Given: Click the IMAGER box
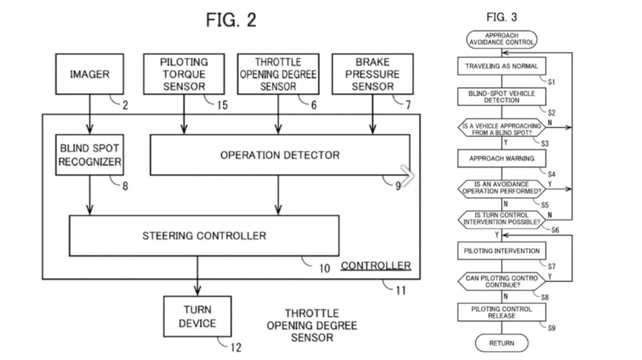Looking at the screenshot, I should pyautogui.click(x=90, y=74).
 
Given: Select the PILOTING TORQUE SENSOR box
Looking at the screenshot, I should pyautogui.click(x=184, y=74).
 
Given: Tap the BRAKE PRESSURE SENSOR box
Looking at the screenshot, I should pyautogui.click(x=373, y=74).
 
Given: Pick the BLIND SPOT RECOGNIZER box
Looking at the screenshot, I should pyautogui.click(x=90, y=155).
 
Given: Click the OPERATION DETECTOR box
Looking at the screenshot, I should pyautogui.click(x=280, y=155).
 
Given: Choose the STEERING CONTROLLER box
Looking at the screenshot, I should pyautogui.click(x=204, y=236).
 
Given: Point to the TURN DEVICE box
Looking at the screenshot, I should pyautogui.click(x=198, y=316).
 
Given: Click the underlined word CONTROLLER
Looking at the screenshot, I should pyautogui.click(x=376, y=266).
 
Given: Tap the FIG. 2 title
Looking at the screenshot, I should pyautogui.click(x=231, y=20).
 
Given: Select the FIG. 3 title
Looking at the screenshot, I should pyautogui.click(x=501, y=18).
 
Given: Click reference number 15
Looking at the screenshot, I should pyautogui.click(x=221, y=106).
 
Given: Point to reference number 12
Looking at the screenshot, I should pyautogui.click(x=235, y=348).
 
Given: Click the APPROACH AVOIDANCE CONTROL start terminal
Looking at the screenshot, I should pyautogui.click(x=501, y=39).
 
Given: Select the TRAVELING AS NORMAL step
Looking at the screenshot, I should pyautogui.click(x=501, y=67).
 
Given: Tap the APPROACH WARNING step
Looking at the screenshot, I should pyautogui.click(x=501, y=159).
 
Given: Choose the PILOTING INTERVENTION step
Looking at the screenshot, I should pyautogui.click(x=501, y=251).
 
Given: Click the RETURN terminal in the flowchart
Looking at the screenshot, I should pyautogui.click(x=501, y=343).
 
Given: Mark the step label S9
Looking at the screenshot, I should pyautogui.click(x=552, y=328).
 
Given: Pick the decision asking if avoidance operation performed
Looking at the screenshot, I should pyautogui.click(x=501, y=188).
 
